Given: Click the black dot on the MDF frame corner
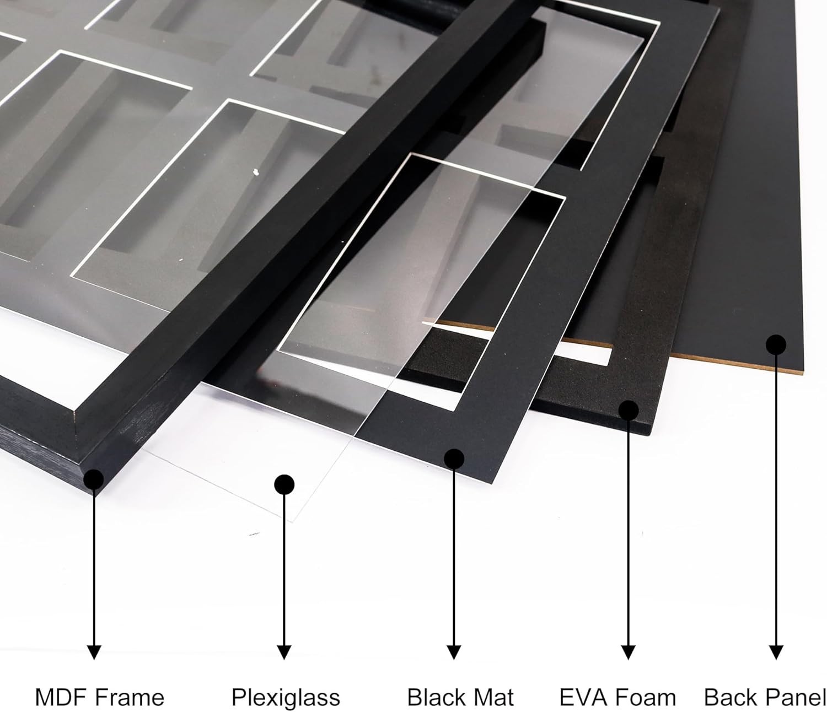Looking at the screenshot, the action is point(94,479).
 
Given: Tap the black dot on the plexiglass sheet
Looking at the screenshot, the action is point(284,484).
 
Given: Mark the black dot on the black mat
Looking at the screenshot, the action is point(454,459).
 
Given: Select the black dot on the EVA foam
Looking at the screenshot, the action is point(628,411).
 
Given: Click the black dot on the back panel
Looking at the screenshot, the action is point(776,345).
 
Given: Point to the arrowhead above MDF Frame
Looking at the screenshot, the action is point(94,652).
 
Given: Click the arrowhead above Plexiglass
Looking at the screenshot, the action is point(284,652).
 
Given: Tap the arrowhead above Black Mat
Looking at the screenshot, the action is point(454,652).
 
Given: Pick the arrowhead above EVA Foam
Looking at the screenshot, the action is point(628,652).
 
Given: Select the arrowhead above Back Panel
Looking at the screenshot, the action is point(776,652).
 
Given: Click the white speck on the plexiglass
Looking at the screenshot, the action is point(256,172).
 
